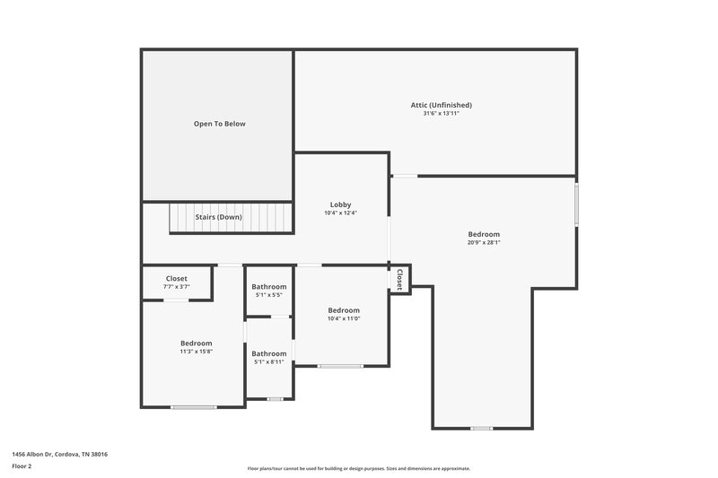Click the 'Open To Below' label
coord(219,124)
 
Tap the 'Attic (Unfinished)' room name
coord(435,105)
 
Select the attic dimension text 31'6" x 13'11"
coord(435,114)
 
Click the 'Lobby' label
coord(340,204)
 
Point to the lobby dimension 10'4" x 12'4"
coord(340,213)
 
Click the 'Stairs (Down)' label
coord(218,217)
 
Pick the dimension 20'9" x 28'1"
coord(483,242)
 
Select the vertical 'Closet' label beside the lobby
coord(399,279)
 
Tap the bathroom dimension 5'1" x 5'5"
coord(268,294)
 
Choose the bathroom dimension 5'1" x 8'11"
coord(268,361)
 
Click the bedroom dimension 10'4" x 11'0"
coord(343,318)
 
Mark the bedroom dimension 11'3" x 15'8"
coord(196,352)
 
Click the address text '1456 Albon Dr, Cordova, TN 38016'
coord(59,454)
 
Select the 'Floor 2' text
coord(22,466)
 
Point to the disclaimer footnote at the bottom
coord(359,468)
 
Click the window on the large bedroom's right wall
coord(576,204)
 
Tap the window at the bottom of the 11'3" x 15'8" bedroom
coord(194,407)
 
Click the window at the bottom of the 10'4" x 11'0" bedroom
coord(341,366)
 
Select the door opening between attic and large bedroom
coord(405,176)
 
